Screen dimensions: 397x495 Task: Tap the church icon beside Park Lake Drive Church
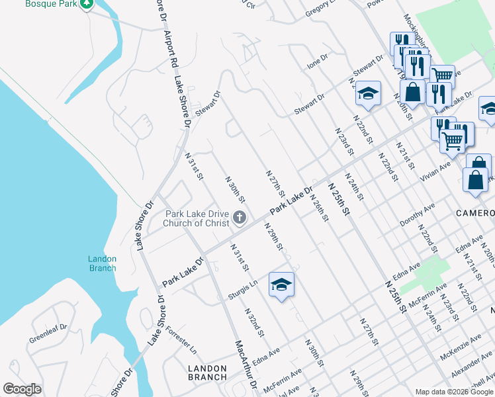[240, 217]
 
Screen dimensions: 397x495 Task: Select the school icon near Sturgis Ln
[281, 285]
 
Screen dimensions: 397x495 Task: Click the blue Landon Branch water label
[102, 263]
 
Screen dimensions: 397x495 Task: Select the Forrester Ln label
[181, 338]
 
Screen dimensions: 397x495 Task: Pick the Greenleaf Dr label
[48, 333]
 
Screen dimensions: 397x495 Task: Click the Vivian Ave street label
[435, 170]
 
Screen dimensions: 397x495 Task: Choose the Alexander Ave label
[472, 365]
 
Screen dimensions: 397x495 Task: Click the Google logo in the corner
[22, 389]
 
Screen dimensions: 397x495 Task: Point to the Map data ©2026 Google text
[454, 392]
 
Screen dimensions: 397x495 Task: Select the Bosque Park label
[48, 4]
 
